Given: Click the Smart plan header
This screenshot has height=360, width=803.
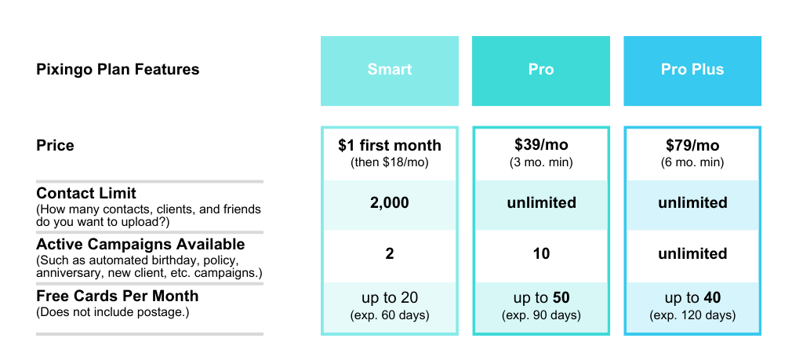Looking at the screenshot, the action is (389, 71).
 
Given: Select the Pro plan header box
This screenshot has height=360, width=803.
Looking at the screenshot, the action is (541, 71).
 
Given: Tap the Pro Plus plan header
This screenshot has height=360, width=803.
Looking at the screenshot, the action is (692, 71).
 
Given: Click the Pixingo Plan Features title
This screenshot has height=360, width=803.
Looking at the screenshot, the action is (118, 70).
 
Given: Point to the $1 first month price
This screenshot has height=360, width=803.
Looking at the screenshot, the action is (389, 145).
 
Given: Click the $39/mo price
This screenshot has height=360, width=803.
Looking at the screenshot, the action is (541, 145).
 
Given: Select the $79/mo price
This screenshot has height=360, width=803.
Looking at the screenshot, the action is (692, 145).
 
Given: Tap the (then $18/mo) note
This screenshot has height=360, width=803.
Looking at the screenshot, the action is (389, 163).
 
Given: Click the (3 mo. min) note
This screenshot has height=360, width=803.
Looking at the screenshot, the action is (541, 163).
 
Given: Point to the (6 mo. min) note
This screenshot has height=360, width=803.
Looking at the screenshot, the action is (692, 163).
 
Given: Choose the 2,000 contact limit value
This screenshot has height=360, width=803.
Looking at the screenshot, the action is (389, 203).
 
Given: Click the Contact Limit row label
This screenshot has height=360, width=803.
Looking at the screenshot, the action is (86, 194).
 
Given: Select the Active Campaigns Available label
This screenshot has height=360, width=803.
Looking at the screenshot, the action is (141, 245).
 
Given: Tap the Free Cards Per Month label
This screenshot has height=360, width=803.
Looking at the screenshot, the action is (118, 296).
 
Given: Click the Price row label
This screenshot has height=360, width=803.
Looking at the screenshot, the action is (56, 145).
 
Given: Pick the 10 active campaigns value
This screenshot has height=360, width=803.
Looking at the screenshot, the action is (541, 254).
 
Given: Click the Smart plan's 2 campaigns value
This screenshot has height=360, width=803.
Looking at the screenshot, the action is (389, 254).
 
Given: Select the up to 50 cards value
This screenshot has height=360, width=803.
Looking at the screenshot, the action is (541, 298).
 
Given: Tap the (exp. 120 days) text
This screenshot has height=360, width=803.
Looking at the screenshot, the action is (692, 315).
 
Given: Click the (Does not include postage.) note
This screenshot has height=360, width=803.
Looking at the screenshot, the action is (113, 312).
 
